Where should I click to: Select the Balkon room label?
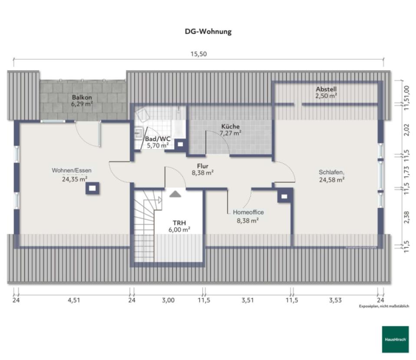[x=82, y=98]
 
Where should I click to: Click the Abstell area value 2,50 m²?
[x=327, y=96]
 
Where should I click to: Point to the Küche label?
[x=230, y=127]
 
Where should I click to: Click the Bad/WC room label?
[x=157, y=139]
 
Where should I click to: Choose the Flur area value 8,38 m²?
[x=203, y=172]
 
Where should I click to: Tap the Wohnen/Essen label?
[x=72, y=170]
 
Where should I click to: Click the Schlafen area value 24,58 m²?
[x=332, y=179]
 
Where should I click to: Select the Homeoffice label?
[x=248, y=213]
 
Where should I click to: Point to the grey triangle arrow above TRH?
[x=175, y=193]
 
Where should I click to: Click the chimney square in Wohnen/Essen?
[x=92, y=188]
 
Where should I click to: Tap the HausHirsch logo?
[x=395, y=339]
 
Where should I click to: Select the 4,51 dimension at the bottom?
[x=74, y=300]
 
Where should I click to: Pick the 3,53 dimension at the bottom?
[x=335, y=300]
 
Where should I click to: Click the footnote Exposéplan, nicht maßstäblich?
[x=384, y=306]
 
